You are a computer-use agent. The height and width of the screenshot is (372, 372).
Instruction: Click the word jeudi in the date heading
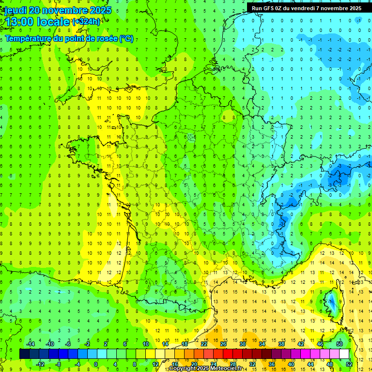point(16,10)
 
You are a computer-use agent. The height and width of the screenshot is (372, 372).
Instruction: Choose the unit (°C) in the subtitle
point(126,39)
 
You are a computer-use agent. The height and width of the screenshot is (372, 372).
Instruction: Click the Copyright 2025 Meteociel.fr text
point(206,369)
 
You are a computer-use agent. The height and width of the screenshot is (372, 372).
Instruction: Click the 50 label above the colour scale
point(340,344)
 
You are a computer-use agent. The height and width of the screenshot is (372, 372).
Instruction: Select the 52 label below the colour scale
point(349,364)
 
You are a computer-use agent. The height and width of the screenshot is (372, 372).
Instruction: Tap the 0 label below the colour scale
point(96,364)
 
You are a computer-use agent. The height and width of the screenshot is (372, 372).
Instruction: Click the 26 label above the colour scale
point(223,344)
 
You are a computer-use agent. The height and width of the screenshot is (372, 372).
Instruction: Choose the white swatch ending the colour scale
point(344,354)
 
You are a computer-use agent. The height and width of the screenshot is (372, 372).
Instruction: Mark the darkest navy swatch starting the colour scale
point(24,354)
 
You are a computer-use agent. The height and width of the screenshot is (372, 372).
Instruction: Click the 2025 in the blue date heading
point(99,10)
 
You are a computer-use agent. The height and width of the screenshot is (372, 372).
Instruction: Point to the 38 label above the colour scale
point(281,344)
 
